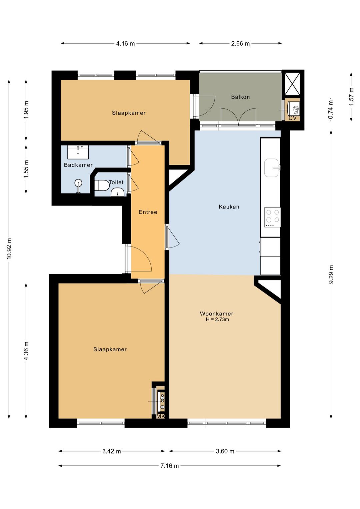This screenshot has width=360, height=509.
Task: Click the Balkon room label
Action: click(240, 97)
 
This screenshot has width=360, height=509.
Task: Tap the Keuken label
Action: click(229, 207)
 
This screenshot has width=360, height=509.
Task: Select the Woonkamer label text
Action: click(216, 314)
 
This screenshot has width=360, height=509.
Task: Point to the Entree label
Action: click(148, 212)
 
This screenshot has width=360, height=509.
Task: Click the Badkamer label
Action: click(78, 165)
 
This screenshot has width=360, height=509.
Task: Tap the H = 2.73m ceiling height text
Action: click(217, 320)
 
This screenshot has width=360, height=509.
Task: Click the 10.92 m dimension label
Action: click(9, 249)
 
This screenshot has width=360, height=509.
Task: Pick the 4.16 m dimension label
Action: click(125, 43)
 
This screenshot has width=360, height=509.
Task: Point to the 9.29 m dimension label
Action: click(331, 275)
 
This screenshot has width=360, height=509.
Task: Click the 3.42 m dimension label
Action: click(112, 451)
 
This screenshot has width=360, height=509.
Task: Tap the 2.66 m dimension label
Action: click(240, 43)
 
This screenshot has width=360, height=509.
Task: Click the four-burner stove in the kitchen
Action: click(272, 217)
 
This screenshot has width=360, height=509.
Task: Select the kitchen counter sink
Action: click(272, 168)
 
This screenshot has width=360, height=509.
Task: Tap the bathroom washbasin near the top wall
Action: click(78, 152)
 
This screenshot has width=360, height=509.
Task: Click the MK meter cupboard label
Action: click(161, 416)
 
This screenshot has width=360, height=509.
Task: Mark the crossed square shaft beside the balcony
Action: click(292, 84)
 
